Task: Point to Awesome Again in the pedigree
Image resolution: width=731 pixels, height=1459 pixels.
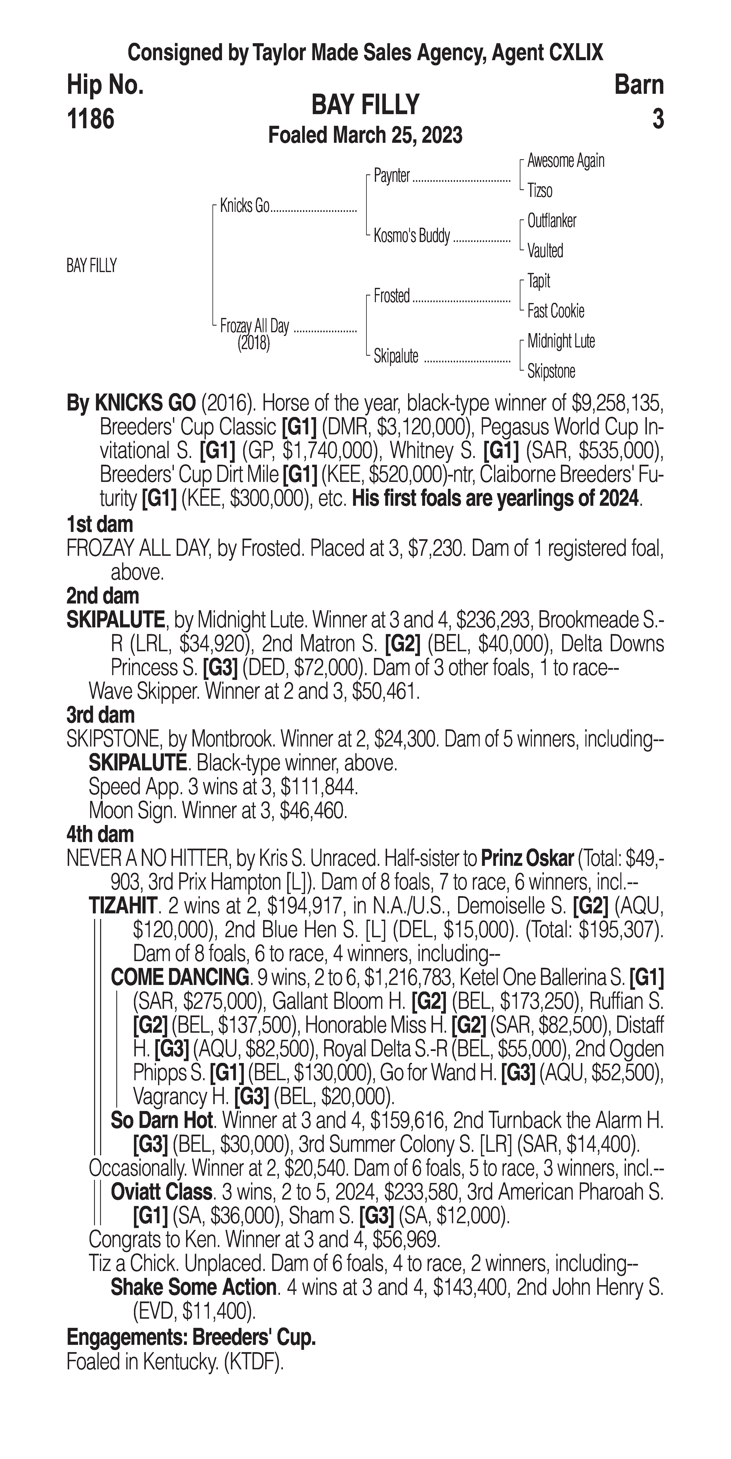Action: (x=565, y=161)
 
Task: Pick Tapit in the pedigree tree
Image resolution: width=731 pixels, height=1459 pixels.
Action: (x=538, y=281)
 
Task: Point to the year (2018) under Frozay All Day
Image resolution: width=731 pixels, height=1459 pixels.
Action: (x=253, y=343)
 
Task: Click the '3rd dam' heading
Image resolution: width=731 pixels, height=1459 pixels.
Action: (x=100, y=715)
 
